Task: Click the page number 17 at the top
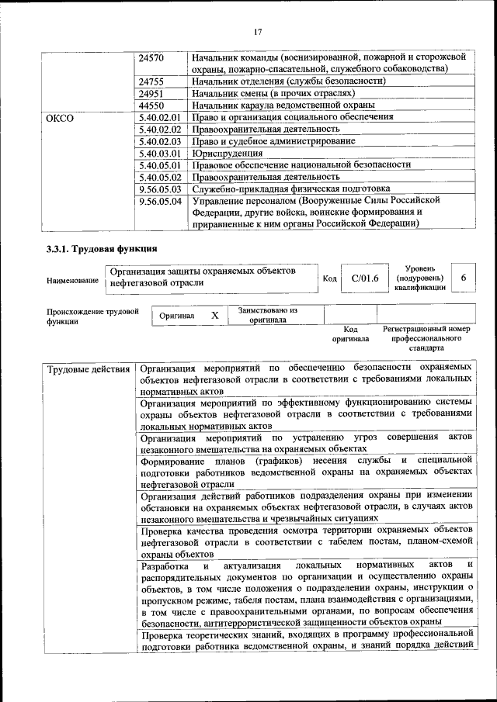[x=258, y=32]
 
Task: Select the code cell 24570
[x=151, y=57]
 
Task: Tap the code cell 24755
[x=151, y=81]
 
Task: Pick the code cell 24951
[x=151, y=93]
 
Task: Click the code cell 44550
[x=151, y=105]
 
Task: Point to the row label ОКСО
[x=60, y=117]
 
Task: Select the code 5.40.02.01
[x=158, y=117]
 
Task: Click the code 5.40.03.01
[x=158, y=153]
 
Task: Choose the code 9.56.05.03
[x=158, y=188]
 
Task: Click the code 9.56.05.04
[x=158, y=200]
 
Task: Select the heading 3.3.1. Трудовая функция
[x=102, y=249]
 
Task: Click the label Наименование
[x=72, y=280]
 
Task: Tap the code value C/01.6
[x=364, y=278]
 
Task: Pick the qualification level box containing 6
[x=464, y=278]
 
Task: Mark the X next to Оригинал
[x=214, y=316]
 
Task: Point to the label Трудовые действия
[x=88, y=368]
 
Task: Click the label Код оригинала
[x=350, y=334]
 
